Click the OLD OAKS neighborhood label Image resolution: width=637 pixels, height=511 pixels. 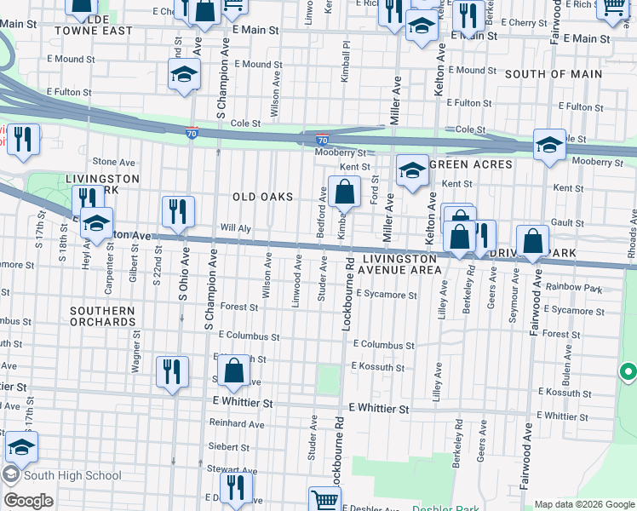point(262,197)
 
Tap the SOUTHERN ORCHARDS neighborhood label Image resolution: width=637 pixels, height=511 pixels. point(103,317)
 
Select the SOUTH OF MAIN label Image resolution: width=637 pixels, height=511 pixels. point(553,74)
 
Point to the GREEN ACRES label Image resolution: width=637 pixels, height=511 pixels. point(471,164)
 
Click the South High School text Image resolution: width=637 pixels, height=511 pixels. point(72,475)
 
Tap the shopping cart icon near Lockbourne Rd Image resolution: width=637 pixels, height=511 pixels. point(324,500)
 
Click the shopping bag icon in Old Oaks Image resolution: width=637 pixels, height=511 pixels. point(345,192)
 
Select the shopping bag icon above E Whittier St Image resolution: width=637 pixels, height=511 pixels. point(233,371)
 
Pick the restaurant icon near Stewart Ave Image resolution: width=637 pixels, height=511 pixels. point(236,487)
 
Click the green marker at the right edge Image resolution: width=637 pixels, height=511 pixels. point(628,372)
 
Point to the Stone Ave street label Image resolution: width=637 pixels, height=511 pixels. point(114,161)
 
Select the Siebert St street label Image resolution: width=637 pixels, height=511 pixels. point(228,446)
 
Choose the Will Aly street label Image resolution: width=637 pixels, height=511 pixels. point(235,228)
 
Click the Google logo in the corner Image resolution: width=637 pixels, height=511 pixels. point(28,501)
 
